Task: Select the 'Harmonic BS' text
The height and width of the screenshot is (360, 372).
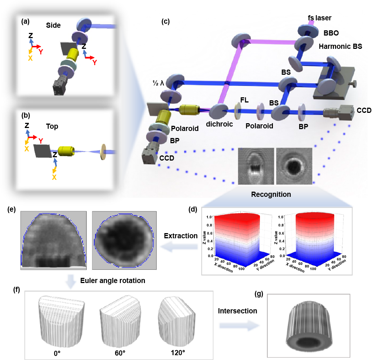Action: pos(340,47)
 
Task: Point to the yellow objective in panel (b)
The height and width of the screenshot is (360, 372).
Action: pos(67,151)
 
